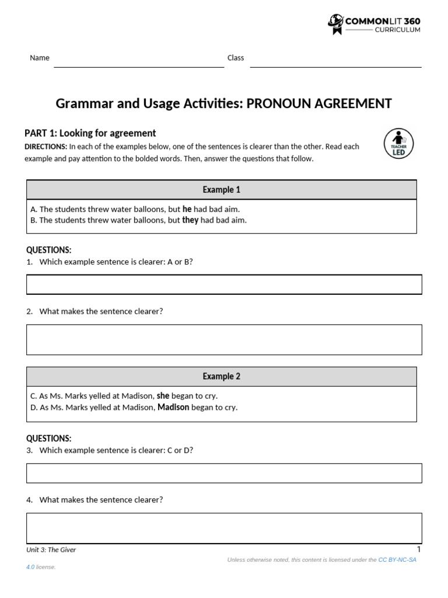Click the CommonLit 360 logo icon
(x=336, y=24)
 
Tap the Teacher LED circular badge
(x=398, y=143)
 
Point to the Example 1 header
(x=222, y=190)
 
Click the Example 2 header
(x=222, y=377)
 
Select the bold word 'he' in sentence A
(x=187, y=208)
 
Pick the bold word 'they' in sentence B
(x=190, y=220)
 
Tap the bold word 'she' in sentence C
(x=163, y=395)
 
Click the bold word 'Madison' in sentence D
(x=173, y=407)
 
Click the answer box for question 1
(x=224, y=284)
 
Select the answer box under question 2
(x=224, y=339)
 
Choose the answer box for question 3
(x=224, y=473)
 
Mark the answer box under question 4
(x=224, y=528)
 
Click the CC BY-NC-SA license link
(x=397, y=559)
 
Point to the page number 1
(x=419, y=549)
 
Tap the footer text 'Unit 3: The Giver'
(x=51, y=550)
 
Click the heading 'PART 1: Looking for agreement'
(x=90, y=133)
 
